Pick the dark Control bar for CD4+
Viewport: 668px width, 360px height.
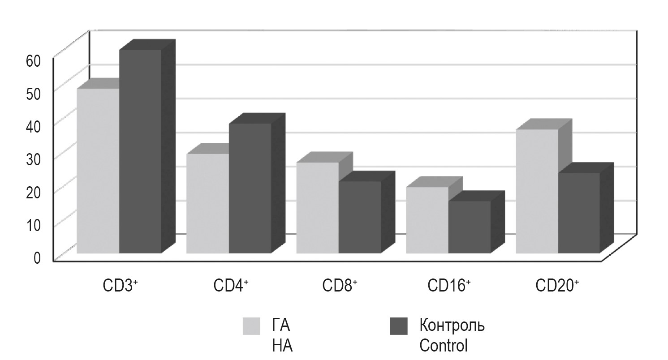tap(250, 188)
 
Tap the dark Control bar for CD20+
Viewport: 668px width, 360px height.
tap(579, 213)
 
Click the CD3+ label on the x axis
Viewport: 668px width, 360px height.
tap(118, 285)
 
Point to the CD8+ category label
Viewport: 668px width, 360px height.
tap(340, 285)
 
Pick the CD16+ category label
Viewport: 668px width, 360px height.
tap(449, 285)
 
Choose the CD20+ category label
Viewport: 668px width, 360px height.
tap(558, 285)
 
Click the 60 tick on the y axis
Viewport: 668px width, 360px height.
tap(34, 61)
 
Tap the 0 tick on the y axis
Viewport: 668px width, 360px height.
tap(37, 258)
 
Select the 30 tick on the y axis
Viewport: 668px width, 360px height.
tap(34, 159)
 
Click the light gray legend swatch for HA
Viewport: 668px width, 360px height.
tap(251, 326)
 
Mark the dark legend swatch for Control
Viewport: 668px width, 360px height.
tap(399, 326)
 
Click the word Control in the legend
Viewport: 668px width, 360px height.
tap(443, 346)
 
